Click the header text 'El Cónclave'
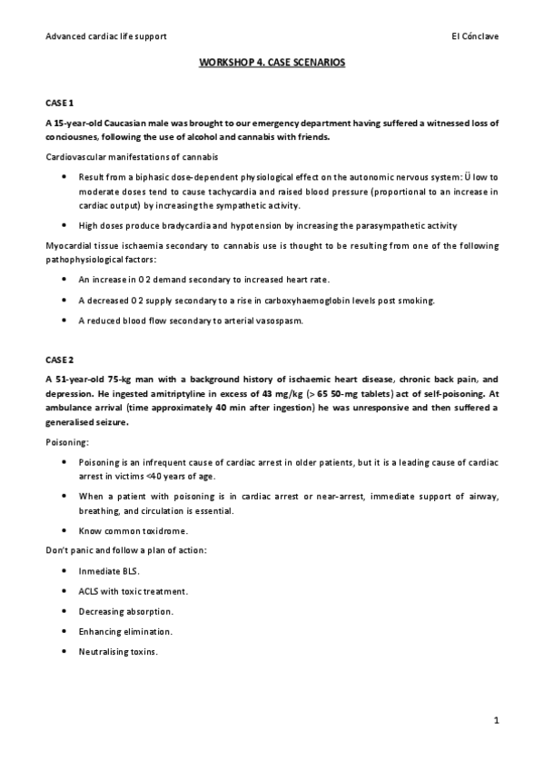click(474, 35)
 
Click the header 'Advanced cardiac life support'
click(105, 35)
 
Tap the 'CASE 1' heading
click(59, 105)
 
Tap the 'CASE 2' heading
click(59, 360)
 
